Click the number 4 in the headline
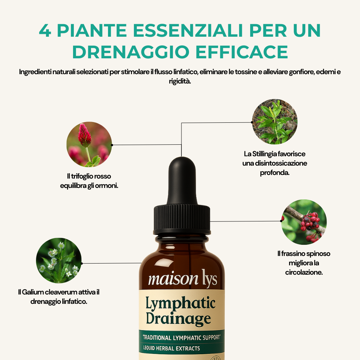coord(45,31)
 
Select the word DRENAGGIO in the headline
coord(128,52)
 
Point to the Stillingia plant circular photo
coord(275,122)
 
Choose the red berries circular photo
coord(304,222)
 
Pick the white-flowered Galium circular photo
coord(59,261)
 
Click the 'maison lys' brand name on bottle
coord(183,279)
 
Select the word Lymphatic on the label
coord(180,304)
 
